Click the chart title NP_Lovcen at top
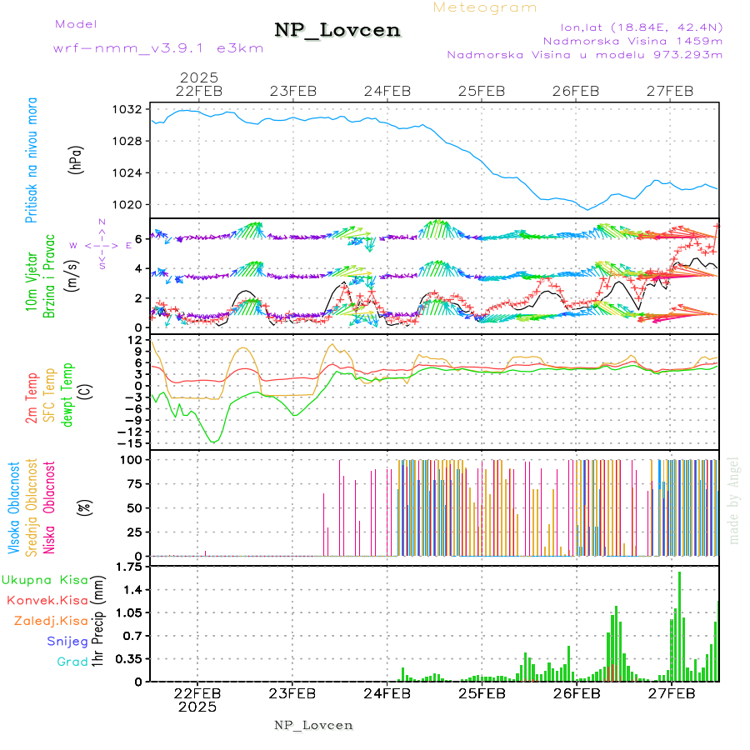pyautogui.click(x=337, y=31)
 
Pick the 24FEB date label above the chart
pyautogui.click(x=387, y=91)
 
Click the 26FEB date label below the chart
pyautogui.click(x=576, y=692)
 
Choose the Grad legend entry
pyautogui.click(x=72, y=662)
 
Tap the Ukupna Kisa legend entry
pyautogui.click(x=45, y=579)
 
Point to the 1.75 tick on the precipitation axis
pyautogui.click(x=127, y=567)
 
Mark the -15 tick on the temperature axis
pyautogui.click(x=127, y=443)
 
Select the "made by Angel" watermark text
pyautogui.click(x=734, y=500)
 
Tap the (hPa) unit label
pyautogui.click(x=76, y=159)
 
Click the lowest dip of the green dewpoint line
pyautogui.click(x=214, y=441)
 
